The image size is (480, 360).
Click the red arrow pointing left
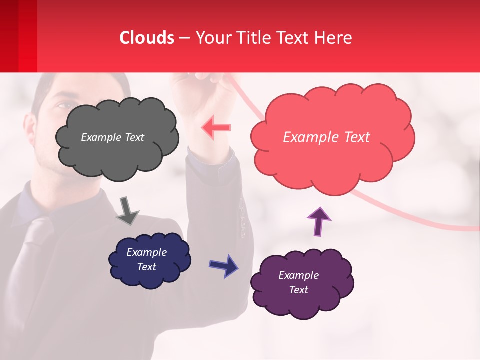tap(216, 127)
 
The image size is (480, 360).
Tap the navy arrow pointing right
tap(224, 265)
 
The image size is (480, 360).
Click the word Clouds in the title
tap(147, 38)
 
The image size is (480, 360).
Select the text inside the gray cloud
tap(112, 137)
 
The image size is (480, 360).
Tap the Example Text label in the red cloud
tap(326, 137)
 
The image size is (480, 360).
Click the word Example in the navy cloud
tap(146, 252)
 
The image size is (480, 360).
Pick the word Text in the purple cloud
tap(298, 290)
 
